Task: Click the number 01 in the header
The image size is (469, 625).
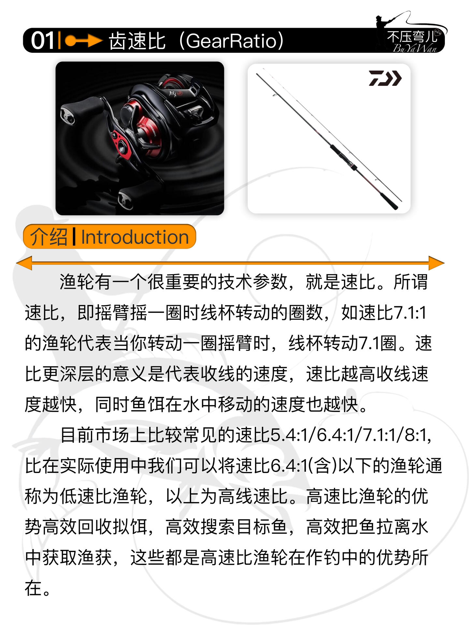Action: [42, 41]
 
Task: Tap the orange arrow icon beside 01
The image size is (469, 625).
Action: [83, 41]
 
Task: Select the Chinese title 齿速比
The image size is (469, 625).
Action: [137, 41]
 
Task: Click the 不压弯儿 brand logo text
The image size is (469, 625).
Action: [412, 37]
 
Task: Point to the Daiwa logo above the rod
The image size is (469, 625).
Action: [385, 78]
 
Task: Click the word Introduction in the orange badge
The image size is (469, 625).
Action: [135, 237]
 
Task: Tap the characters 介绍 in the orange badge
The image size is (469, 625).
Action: [49, 237]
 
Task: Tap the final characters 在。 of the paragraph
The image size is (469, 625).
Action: [38, 588]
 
